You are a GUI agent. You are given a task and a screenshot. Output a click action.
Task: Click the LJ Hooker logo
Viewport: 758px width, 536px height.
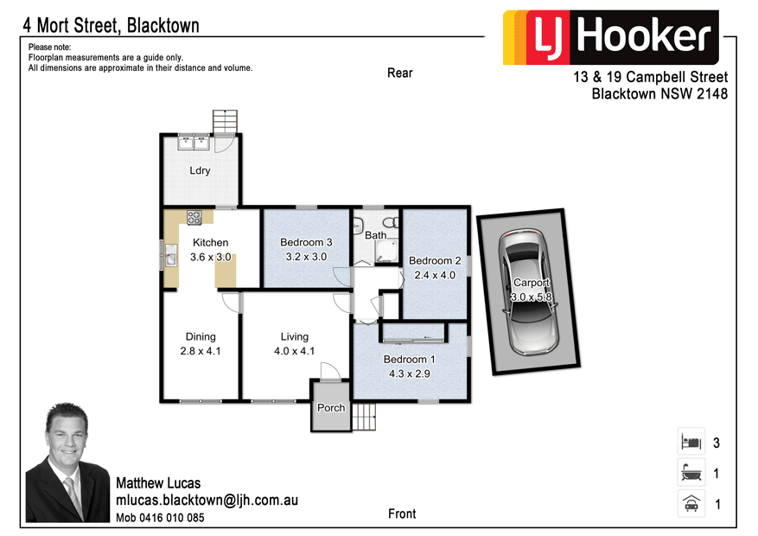[x=610, y=37]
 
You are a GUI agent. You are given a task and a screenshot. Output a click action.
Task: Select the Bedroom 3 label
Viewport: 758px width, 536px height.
[x=306, y=242]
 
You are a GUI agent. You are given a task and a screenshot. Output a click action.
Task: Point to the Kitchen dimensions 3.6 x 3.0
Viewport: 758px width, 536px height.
[x=211, y=257]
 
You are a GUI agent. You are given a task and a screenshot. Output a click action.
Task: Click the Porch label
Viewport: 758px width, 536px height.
[x=331, y=408]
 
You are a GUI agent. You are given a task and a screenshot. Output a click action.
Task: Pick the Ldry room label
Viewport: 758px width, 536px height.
[x=200, y=170]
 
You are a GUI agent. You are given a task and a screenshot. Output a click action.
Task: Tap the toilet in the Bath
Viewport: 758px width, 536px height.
[x=390, y=227]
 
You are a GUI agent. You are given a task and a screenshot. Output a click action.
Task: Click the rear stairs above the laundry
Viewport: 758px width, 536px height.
[x=225, y=122]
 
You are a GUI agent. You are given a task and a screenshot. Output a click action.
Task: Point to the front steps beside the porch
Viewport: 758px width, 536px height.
[x=366, y=418]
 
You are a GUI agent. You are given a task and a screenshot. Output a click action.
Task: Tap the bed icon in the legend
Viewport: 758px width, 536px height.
[x=689, y=443]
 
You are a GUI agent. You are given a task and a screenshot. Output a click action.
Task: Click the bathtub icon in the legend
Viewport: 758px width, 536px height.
[x=689, y=473]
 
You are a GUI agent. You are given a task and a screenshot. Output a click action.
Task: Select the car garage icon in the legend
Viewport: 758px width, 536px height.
[x=689, y=503]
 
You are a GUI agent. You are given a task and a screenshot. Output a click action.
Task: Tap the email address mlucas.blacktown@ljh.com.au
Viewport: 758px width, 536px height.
[x=207, y=501]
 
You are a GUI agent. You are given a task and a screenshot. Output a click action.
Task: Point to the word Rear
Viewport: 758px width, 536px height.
[x=399, y=73]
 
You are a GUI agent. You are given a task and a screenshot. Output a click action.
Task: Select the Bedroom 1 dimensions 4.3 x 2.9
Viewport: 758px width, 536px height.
[x=410, y=373]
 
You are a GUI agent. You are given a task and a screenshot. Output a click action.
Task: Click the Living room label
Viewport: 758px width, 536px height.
[x=294, y=336]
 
